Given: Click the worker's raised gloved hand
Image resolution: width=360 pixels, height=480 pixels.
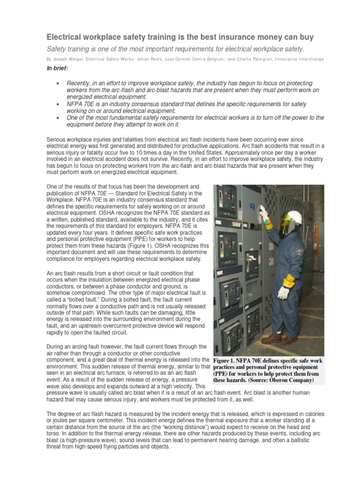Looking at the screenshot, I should click(x=264, y=213).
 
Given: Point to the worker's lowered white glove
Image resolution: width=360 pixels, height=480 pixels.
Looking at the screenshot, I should click(x=284, y=292).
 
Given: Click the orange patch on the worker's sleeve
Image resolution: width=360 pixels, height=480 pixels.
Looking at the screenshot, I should click(x=290, y=280).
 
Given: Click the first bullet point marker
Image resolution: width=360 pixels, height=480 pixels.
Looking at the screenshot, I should click(x=57, y=83).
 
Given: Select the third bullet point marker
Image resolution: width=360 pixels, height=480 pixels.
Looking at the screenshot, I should click(x=57, y=118).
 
